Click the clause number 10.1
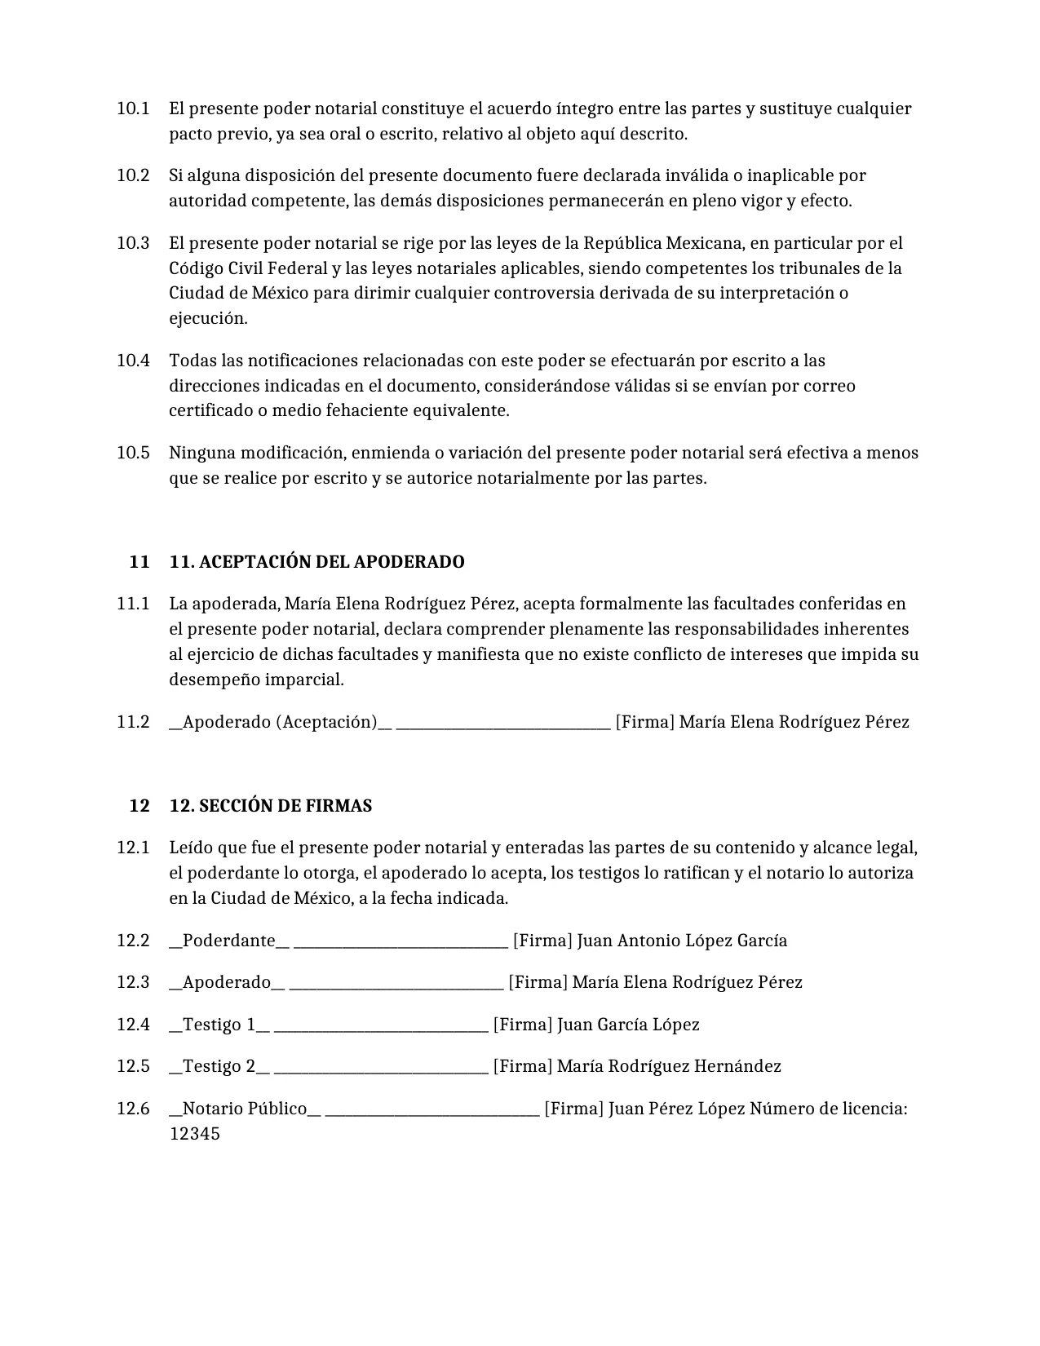pos(132,108)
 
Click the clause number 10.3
pos(132,243)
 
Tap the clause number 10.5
pos(132,453)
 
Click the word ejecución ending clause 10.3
pos(207,319)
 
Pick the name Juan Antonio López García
pos(682,941)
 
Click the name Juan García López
pos(628,1025)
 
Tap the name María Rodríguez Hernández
pos(669,1066)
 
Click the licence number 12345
pos(194,1134)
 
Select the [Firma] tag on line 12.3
pos(538,982)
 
